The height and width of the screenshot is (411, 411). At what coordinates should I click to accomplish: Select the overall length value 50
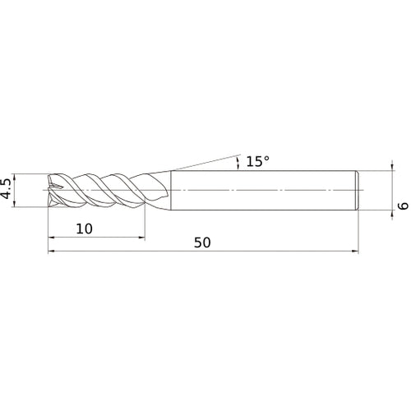click(x=203, y=242)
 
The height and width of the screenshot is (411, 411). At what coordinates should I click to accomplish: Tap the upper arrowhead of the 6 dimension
click(x=392, y=173)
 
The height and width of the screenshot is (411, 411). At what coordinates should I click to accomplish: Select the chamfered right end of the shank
click(x=357, y=191)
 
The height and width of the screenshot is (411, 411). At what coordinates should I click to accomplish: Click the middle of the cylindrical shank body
click(x=263, y=191)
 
